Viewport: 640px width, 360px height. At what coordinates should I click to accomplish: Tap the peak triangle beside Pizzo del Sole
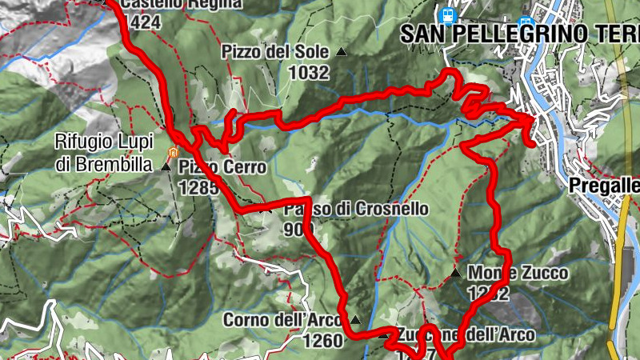(x=342, y=52)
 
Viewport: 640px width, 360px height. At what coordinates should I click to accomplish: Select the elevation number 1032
(x=310, y=72)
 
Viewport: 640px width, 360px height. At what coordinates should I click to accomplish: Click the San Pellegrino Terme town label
(x=520, y=34)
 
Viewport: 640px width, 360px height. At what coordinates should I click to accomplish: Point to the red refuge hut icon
(x=171, y=152)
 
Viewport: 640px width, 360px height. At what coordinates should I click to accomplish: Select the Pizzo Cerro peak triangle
(x=166, y=166)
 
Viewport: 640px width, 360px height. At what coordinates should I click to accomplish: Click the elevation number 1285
(x=199, y=187)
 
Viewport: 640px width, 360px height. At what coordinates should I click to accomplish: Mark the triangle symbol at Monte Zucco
(x=455, y=273)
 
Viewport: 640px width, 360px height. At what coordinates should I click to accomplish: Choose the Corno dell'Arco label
(x=271, y=320)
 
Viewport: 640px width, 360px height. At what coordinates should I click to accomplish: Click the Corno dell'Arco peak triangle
(x=355, y=320)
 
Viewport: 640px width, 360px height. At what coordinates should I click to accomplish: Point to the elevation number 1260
(x=322, y=341)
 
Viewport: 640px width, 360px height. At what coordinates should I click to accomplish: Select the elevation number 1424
(x=144, y=22)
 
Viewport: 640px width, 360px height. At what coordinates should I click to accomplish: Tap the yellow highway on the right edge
(x=622, y=272)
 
